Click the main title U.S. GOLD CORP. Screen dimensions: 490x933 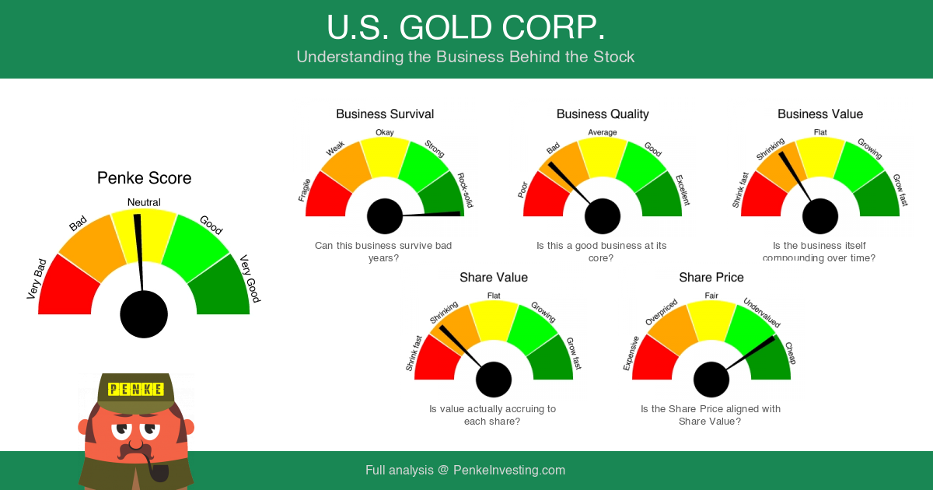pyautogui.click(x=466, y=28)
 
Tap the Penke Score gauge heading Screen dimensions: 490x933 pyautogui.click(x=144, y=178)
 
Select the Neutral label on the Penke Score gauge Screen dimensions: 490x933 pyautogui.click(x=144, y=203)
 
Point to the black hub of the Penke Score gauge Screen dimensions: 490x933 pyautogui.click(x=144, y=314)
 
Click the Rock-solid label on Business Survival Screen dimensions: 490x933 pyautogui.click(x=465, y=191)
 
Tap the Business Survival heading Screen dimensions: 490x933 pyautogui.click(x=385, y=114)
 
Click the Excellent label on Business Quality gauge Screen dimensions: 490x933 pyautogui.click(x=683, y=191)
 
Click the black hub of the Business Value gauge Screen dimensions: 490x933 pyautogui.click(x=820, y=216)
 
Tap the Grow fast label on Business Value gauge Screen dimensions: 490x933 pyautogui.click(x=900, y=191)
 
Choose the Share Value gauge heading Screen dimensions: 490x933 pyautogui.click(x=494, y=278)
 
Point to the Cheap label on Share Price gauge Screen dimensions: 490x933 pyautogui.click(x=791, y=353)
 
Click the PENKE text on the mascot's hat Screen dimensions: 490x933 pyautogui.click(x=136, y=389)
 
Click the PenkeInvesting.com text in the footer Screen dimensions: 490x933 pyautogui.click(x=509, y=471)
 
